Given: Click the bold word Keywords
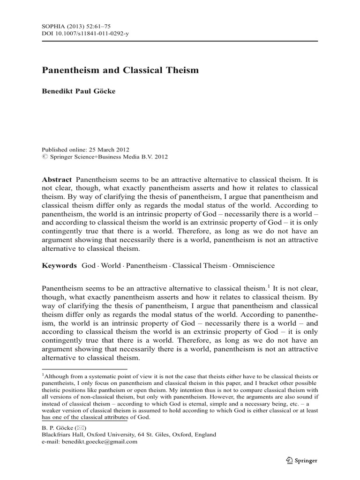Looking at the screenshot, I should pos(59,265).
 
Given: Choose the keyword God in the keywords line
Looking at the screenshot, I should pos(89,265).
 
